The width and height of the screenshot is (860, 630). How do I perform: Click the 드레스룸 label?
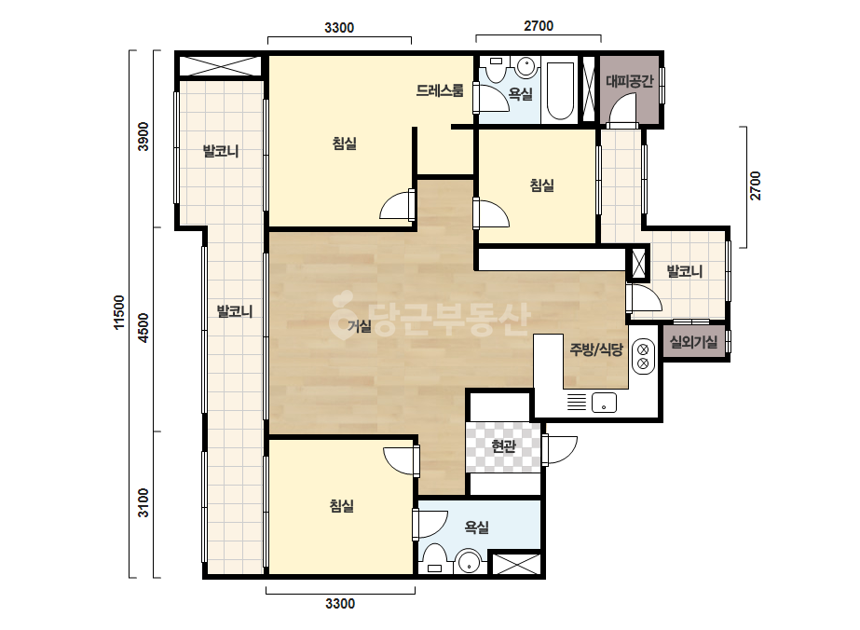[x=440, y=90]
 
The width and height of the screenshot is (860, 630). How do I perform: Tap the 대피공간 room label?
[x=630, y=81]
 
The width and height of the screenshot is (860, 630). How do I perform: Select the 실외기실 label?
[x=693, y=342]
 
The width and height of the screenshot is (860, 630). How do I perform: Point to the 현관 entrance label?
[x=503, y=446]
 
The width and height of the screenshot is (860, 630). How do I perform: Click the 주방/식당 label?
[x=596, y=349]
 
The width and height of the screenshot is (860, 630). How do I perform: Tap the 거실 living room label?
[x=360, y=326]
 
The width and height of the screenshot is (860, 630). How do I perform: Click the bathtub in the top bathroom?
[x=559, y=91]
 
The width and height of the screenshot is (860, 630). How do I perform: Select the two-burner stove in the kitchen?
[x=643, y=357]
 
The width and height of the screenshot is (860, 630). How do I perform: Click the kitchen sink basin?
[x=604, y=403]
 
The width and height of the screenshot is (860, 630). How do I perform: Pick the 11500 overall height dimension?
[x=119, y=313]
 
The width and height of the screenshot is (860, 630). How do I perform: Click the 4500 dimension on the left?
[x=143, y=328]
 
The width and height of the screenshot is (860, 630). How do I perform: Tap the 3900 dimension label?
[x=143, y=137]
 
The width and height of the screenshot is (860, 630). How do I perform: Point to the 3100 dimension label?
[x=143, y=502]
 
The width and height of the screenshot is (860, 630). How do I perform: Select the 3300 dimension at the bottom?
[x=340, y=604]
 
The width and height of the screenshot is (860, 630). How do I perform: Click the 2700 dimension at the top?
[x=539, y=26]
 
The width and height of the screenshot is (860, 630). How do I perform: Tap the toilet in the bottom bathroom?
[x=435, y=559]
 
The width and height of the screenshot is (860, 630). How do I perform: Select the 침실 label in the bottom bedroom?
[x=342, y=505]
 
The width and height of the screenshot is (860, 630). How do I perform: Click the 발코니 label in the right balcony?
[x=684, y=271]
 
